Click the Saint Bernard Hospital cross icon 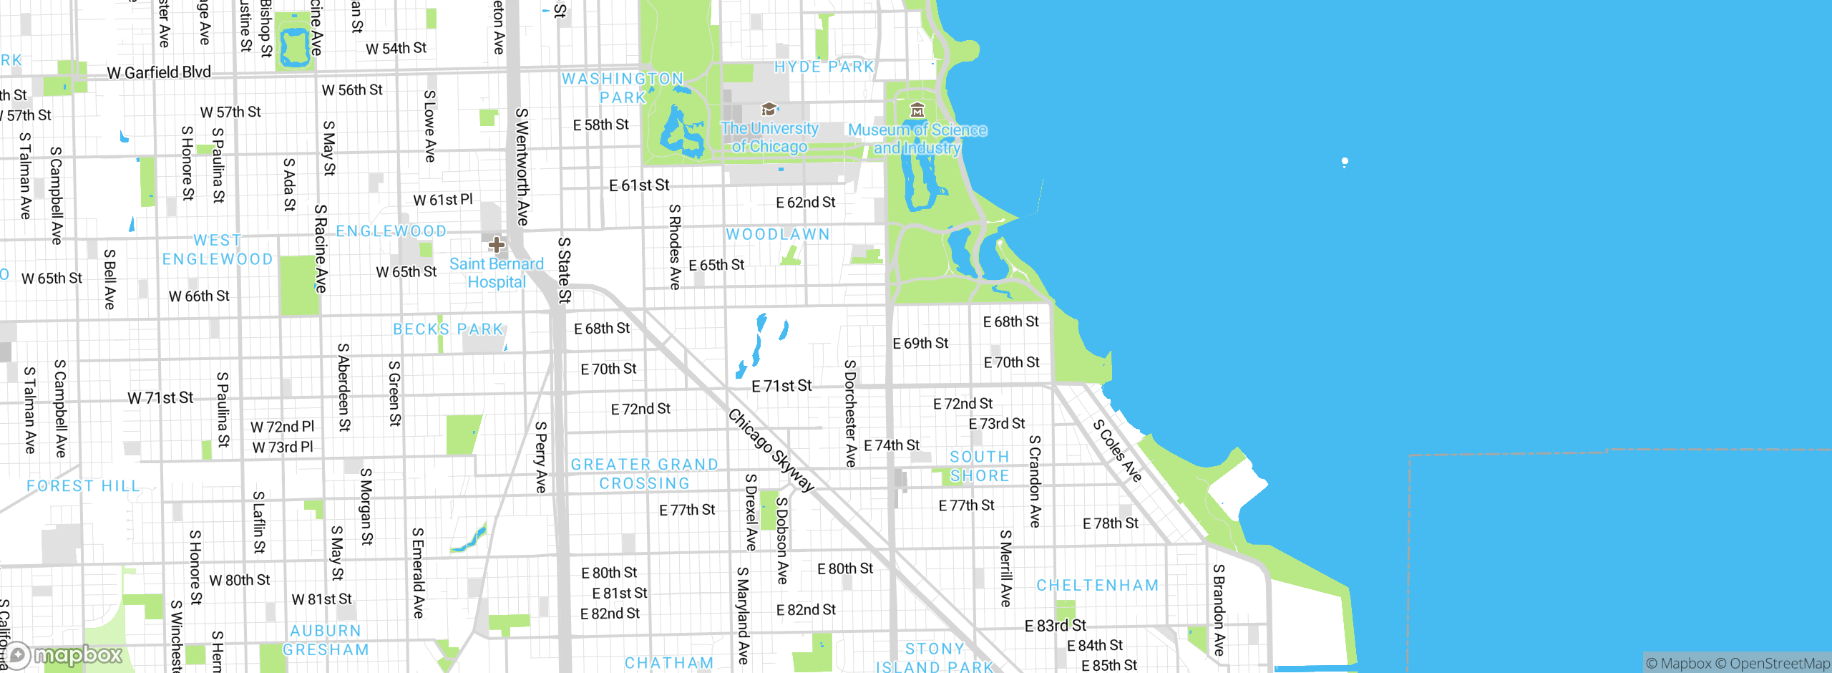[496, 246]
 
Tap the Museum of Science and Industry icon [917, 110]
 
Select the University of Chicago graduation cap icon [769, 109]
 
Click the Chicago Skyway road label [771, 450]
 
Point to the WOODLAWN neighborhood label [778, 234]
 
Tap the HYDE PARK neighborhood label [824, 67]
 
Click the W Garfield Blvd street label [159, 72]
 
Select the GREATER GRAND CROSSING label [644, 474]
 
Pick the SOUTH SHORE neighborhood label [979, 466]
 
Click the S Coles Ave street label [1117, 450]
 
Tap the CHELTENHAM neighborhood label [1097, 586]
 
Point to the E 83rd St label [1055, 626]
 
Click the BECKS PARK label [448, 329]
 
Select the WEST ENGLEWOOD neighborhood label [218, 250]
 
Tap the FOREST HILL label [83, 486]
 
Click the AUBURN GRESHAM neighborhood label [326, 640]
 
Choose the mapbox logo [64, 655]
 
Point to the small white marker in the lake [1345, 162]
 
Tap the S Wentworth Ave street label [522, 167]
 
